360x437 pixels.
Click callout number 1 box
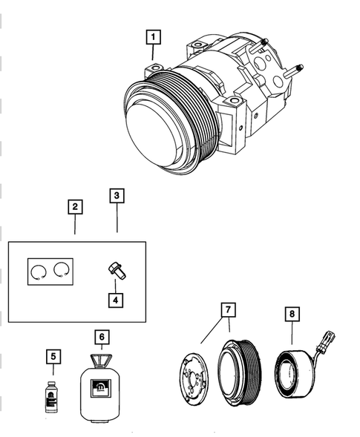(153, 36)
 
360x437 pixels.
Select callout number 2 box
(73, 207)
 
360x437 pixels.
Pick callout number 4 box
(116, 300)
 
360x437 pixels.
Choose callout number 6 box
(102, 337)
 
